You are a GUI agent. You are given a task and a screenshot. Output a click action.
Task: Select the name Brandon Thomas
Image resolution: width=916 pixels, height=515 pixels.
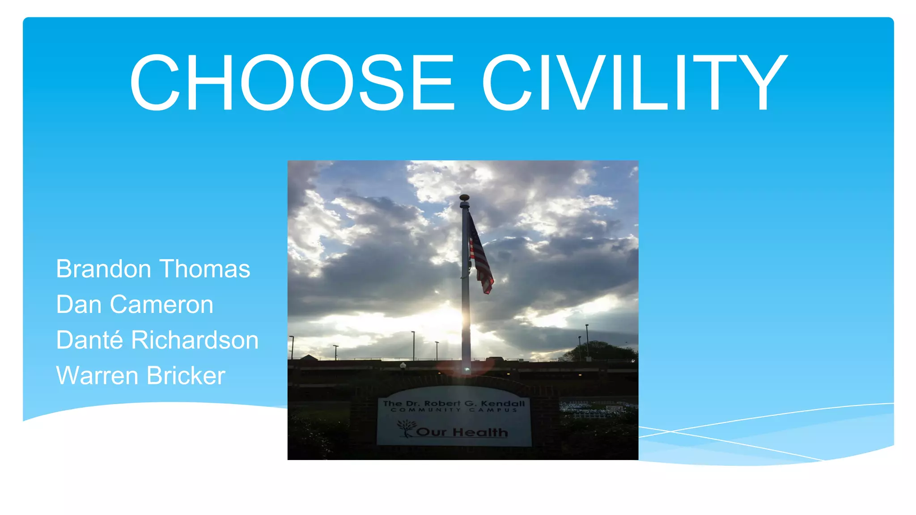153,269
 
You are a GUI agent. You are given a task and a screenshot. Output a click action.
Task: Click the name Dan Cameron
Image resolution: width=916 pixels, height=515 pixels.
135,305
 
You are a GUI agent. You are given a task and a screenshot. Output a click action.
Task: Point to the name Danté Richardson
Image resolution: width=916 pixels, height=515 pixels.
157,340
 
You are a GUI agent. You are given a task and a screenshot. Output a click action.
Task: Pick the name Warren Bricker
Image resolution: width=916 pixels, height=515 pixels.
140,376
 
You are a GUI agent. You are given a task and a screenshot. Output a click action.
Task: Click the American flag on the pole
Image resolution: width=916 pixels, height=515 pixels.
480,257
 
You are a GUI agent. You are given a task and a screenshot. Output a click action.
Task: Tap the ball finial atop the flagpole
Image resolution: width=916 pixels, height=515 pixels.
465,198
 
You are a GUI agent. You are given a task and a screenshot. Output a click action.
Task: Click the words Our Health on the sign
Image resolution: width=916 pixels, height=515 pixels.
462,432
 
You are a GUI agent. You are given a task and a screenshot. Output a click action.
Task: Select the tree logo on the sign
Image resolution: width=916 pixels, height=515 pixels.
406,427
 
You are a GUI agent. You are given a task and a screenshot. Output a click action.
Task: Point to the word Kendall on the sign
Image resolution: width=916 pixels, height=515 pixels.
503,403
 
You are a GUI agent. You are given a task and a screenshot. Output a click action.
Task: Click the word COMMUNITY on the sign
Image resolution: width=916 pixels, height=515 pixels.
426,410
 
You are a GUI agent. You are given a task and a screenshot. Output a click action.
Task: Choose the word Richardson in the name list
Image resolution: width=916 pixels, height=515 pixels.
195,340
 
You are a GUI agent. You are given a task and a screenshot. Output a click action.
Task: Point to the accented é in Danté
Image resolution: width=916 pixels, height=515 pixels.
118,340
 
